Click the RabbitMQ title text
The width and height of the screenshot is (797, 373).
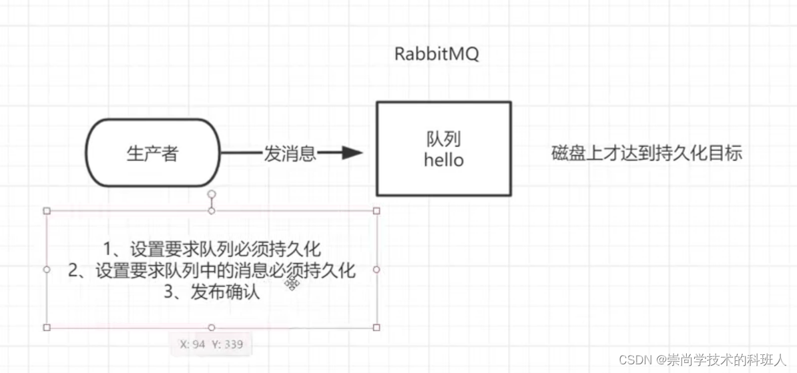[437, 55]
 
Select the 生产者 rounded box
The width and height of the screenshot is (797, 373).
[153, 153]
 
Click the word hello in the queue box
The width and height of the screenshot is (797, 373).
[444, 160]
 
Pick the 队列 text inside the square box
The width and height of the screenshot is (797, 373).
[444, 139]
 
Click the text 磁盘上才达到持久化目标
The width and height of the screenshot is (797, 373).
[647, 153]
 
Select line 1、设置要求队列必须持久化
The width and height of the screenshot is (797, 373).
[212, 249]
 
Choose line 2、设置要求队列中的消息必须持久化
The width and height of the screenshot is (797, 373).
[212, 270]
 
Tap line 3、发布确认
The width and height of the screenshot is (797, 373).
[212, 292]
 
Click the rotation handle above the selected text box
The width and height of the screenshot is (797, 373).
[212, 194]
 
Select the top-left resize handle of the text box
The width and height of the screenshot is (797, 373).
[47, 211]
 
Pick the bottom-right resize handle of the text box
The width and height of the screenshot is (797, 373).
[376, 328]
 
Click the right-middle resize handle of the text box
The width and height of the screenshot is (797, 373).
[376, 270]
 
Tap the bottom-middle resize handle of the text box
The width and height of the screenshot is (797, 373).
[212, 328]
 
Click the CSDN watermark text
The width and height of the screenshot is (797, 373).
[703, 360]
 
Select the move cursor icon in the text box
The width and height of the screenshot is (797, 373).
[292, 284]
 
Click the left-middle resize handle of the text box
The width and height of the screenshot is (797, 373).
[47, 270]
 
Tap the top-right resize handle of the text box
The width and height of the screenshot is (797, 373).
[376, 211]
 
